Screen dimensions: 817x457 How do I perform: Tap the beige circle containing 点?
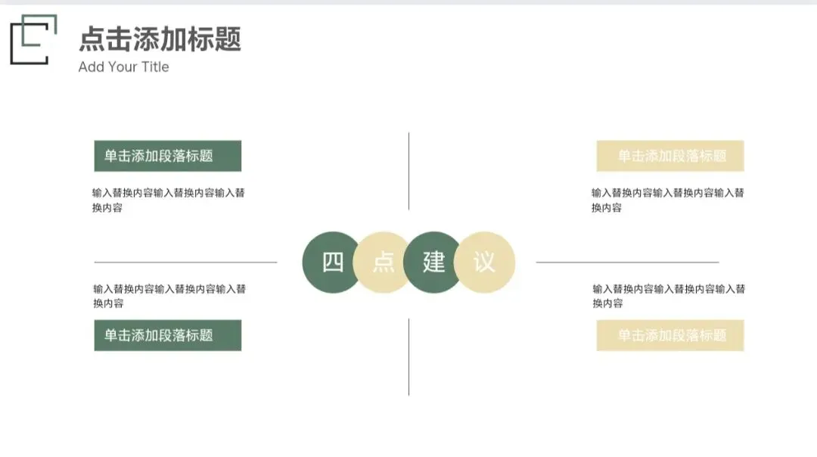(383, 263)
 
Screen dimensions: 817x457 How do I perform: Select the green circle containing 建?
(433, 263)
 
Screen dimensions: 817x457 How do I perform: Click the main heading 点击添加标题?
(160, 39)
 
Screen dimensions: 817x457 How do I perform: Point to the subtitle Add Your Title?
(123, 67)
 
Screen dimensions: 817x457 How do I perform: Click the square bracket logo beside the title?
(33, 39)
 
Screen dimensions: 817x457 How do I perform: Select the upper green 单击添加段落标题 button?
(167, 156)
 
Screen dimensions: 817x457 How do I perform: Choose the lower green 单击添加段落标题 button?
(167, 335)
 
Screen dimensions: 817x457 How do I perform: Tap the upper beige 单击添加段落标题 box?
(669, 156)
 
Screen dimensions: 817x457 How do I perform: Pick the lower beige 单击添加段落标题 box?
(669, 335)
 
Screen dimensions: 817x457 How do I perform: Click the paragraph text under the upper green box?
(168, 200)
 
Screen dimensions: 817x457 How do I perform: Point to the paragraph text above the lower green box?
(169, 296)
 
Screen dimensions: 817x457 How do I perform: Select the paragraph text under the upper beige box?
(667, 200)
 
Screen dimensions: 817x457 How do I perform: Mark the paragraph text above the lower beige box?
(668, 296)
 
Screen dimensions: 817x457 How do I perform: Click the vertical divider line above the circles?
(408, 171)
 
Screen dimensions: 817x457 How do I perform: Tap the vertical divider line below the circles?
(408, 356)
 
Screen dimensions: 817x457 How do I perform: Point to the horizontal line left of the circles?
(185, 263)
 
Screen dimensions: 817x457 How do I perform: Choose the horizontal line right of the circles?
(627, 263)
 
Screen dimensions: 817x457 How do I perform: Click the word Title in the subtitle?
(155, 67)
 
